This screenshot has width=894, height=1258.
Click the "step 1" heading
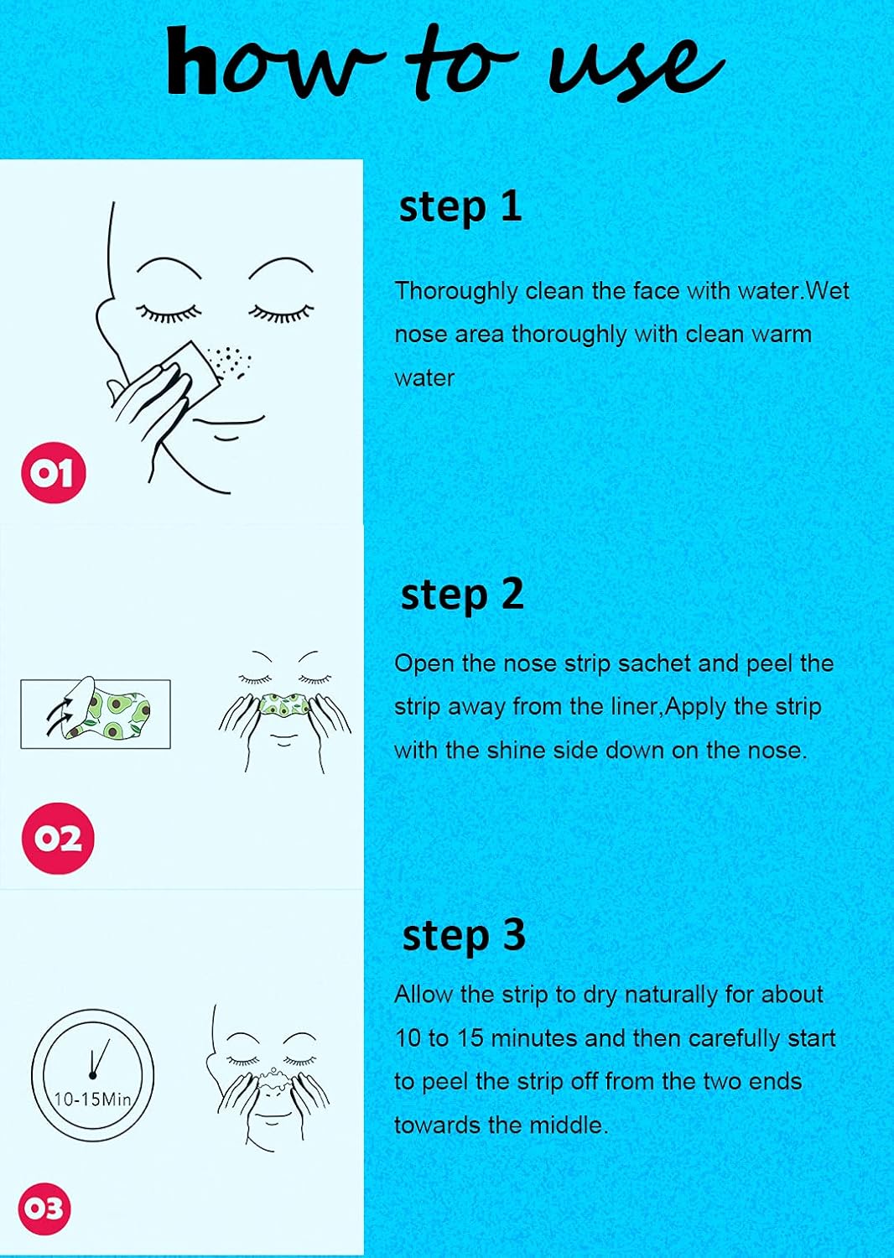click(460, 206)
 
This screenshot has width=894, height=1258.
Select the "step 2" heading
click(462, 595)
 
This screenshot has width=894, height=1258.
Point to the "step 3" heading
click(464, 935)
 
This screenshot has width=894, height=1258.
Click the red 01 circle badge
click(54, 473)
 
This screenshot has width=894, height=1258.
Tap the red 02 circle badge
click(58, 838)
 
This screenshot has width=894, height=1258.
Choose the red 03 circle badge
click(44, 1209)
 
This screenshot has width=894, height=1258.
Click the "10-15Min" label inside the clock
click(92, 1099)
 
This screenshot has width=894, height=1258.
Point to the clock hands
click(97, 1059)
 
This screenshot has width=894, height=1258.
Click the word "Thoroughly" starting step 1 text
click(456, 291)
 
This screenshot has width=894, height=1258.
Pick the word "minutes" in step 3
click(534, 1038)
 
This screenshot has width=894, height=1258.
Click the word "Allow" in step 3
click(424, 995)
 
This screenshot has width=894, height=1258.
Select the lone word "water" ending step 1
click(424, 378)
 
